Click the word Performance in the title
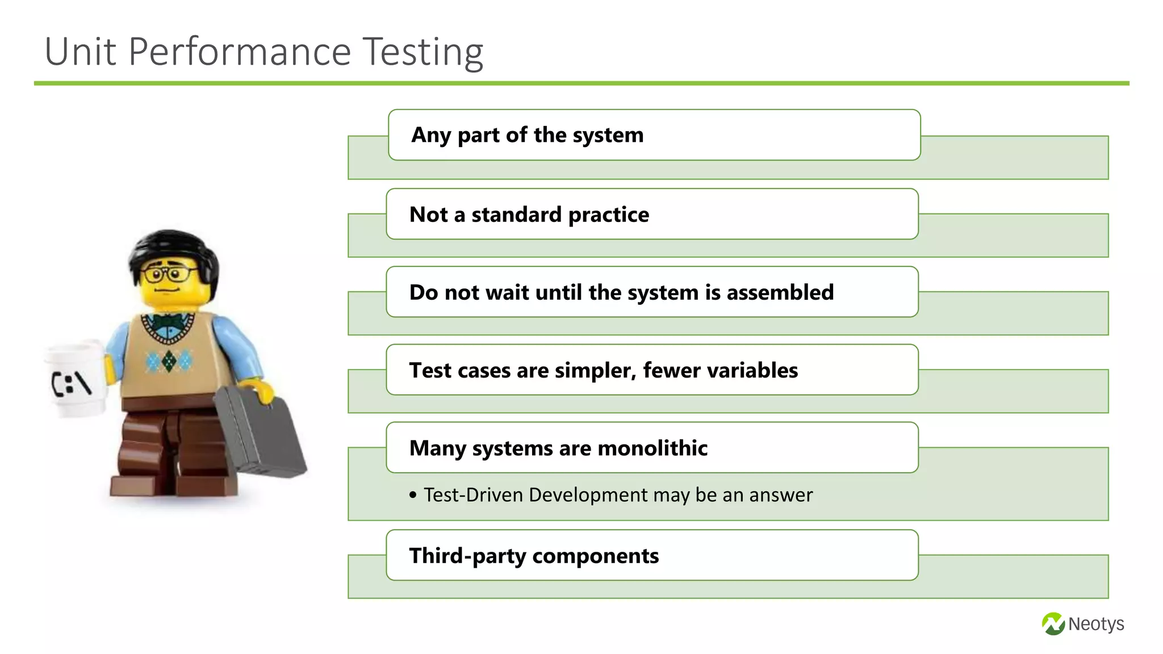[240, 52]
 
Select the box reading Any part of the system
[653, 135]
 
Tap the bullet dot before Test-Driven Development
[413, 495]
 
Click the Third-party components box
[651, 555]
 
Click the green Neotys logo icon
[1053, 624]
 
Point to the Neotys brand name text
[1095, 624]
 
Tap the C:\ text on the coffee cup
[72, 383]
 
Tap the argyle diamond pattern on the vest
[169, 360]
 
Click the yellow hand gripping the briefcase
[262, 391]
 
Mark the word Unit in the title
[81, 52]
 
